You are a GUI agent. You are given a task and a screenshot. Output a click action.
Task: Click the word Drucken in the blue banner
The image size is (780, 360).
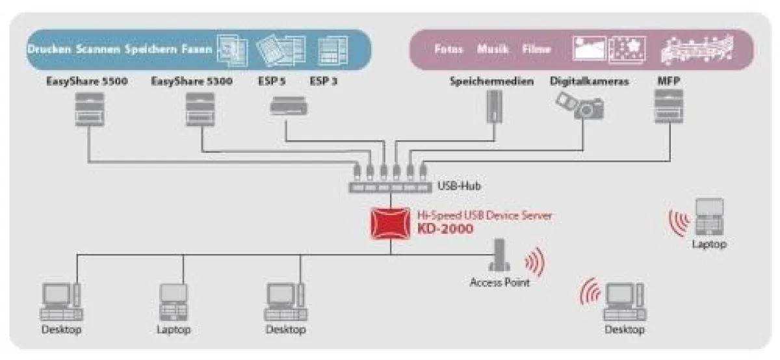49,49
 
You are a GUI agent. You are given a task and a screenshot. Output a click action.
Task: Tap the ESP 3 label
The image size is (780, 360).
324,82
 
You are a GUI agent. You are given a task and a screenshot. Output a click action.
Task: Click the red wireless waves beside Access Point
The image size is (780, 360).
534,262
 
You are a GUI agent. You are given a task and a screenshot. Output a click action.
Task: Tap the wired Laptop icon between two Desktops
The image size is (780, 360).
174,302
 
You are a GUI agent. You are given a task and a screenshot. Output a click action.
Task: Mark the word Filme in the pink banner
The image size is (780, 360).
536,49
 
